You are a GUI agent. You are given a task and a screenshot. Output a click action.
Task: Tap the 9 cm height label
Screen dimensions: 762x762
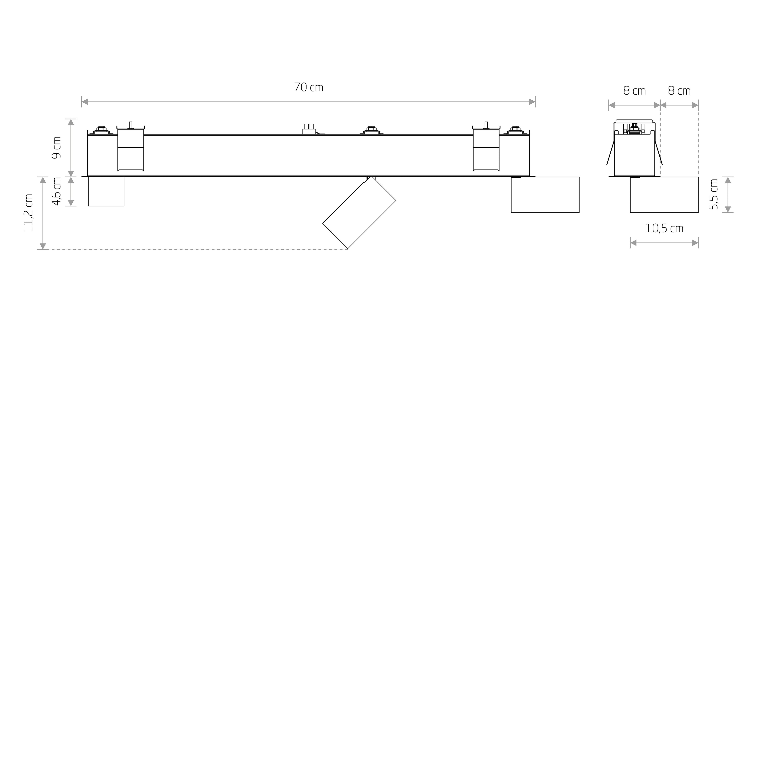pos(57,147)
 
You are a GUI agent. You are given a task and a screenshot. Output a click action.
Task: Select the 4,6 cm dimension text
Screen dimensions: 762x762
pos(57,191)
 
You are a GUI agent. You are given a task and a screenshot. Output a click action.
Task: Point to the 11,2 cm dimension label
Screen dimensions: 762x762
pos(28,213)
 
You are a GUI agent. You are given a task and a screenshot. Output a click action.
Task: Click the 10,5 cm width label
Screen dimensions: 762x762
pos(664,228)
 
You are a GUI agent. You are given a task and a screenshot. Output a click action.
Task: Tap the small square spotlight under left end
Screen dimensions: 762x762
pos(106,191)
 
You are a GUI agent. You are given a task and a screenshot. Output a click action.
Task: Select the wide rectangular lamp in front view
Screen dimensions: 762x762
pos(545,195)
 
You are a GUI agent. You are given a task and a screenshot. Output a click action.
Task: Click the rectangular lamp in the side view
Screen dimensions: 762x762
pos(664,195)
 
